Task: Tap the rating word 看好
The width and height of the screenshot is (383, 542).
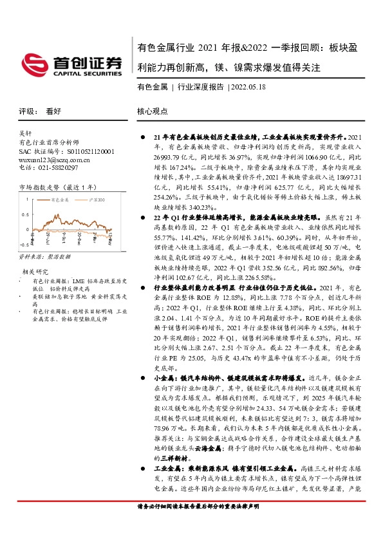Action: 53,111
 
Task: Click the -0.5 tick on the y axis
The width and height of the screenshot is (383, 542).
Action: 24,245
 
